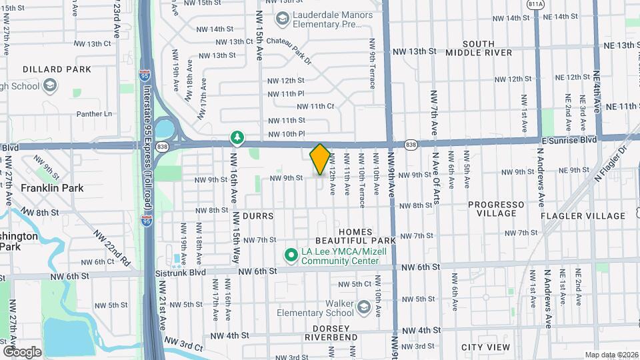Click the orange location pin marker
319,159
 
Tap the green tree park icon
236,137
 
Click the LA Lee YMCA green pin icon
291,255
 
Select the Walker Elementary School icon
364,307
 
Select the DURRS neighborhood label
259,216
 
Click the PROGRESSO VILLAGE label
496,209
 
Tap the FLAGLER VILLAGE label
583,216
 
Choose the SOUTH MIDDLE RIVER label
479,48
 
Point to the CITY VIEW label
485,347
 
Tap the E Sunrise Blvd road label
569,141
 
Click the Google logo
22,351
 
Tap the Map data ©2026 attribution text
611,355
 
